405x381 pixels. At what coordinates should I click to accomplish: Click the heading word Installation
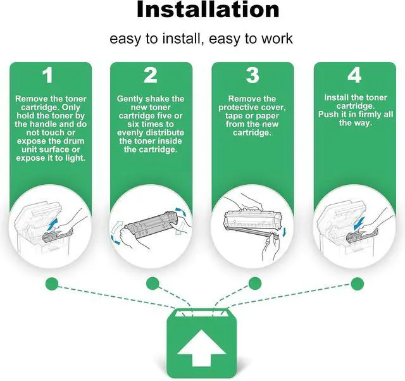208,9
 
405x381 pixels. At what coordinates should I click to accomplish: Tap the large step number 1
48,75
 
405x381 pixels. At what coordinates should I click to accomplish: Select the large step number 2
151,75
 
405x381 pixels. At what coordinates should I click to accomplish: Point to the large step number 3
252,75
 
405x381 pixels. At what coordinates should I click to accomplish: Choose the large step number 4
354,75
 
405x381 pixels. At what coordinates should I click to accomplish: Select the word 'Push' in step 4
327,114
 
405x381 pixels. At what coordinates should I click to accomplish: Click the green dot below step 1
52,284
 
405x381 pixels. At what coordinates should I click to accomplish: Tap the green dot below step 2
153,284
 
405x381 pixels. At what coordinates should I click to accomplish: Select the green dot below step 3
255,284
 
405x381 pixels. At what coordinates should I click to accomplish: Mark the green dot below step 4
358,284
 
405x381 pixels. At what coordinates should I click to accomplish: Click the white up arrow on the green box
202,347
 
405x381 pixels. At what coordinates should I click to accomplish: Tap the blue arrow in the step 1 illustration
53,223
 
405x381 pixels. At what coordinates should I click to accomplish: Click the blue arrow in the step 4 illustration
359,223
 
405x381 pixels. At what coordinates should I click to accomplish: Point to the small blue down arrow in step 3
284,232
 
